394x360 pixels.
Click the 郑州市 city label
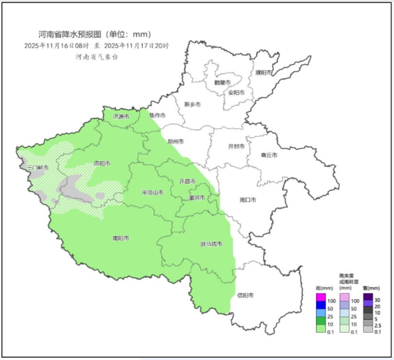coord(176,142)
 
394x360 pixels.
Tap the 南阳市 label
coord(121,238)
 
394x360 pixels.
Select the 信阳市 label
coord(245,295)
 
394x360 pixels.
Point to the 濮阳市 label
coord(263,72)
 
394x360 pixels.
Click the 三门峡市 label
coord(38,167)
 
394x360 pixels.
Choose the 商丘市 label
coord(269,155)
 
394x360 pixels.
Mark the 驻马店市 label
coord(211,244)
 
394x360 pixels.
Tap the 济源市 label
coord(121,116)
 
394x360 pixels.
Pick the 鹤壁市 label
coord(222,82)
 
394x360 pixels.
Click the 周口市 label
coord(248,200)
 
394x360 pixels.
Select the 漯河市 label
coord(197,198)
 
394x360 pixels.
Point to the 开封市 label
coord(236,146)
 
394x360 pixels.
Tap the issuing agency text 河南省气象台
coord(97,57)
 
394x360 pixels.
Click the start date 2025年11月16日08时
coord(56,46)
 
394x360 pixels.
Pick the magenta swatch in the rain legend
coord(321,296)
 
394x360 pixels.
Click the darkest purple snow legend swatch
coord(368,296)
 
